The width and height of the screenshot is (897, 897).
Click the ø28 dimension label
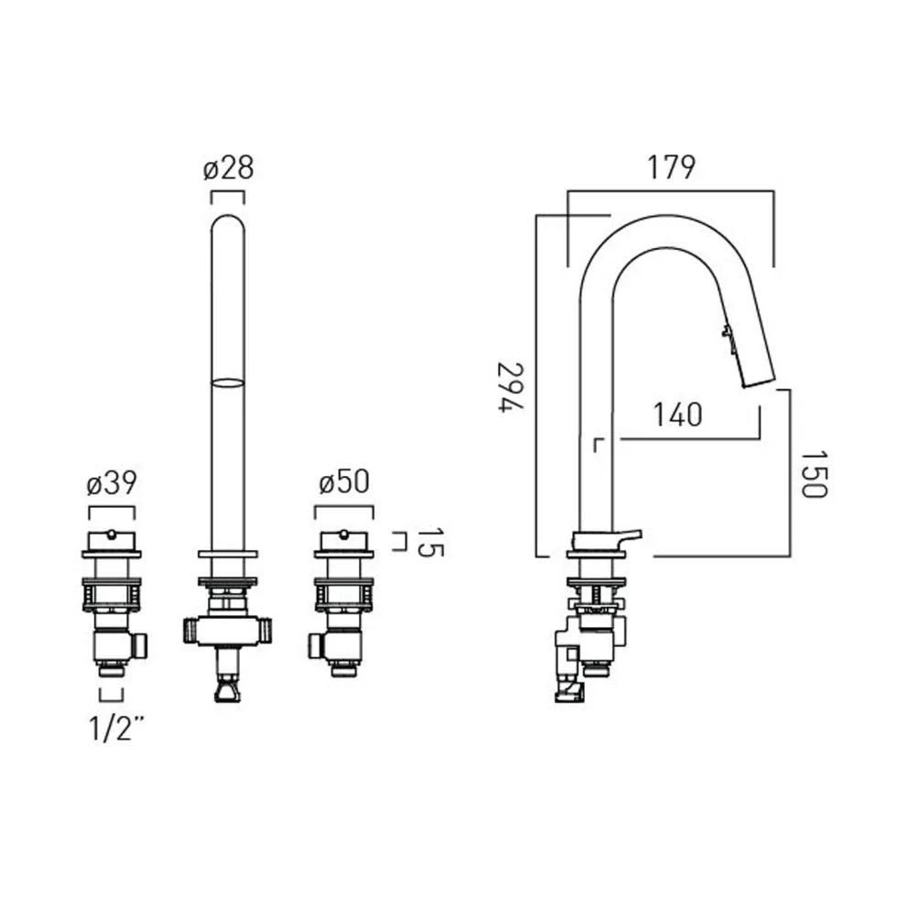point(228,168)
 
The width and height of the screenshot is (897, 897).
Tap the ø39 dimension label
point(112,483)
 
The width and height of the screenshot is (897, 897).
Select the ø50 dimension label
point(344,482)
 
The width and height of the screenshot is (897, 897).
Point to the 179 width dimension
point(671,168)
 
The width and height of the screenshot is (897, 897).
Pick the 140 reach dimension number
point(678,415)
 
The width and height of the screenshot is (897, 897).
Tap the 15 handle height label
point(429,542)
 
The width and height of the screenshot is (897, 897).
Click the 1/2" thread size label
point(115,728)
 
